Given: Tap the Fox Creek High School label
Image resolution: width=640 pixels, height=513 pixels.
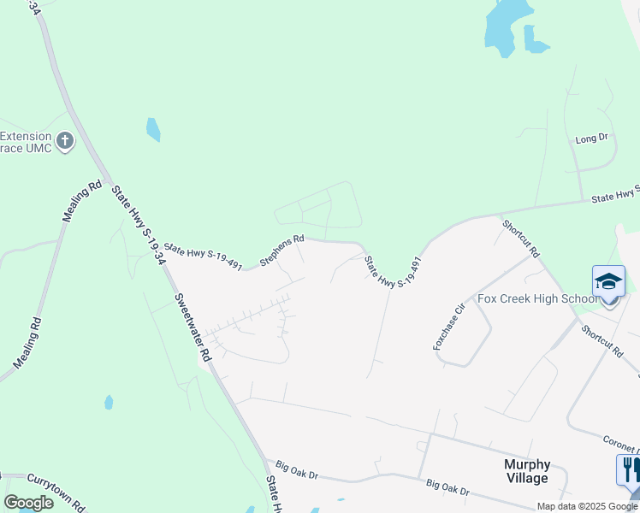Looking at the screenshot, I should [537, 298].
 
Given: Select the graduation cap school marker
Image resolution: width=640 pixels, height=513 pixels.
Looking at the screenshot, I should [608, 283].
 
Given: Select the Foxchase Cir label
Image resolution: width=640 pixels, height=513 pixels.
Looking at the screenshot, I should [448, 326].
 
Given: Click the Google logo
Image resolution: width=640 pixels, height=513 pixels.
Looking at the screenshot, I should [28, 503].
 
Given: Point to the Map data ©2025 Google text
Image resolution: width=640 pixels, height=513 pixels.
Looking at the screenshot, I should [587, 506].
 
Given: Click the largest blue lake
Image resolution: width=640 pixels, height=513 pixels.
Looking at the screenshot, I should [501, 26].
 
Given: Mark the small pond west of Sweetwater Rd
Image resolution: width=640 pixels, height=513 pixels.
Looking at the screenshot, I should [109, 402].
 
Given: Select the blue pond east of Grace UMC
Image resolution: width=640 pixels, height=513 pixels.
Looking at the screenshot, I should [153, 129].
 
